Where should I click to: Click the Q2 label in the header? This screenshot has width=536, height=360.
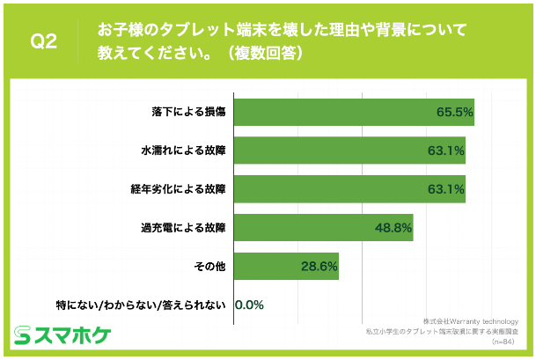(44, 41)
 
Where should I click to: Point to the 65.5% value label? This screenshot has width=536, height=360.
(455, 112)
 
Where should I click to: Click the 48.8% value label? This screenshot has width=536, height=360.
(393, 227)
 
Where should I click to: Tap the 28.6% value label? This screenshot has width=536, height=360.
(319, 266)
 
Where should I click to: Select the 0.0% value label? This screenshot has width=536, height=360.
(249, 305)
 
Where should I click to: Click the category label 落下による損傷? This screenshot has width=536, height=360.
(189, 112)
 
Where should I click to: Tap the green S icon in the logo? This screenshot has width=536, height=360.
(23, 335)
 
